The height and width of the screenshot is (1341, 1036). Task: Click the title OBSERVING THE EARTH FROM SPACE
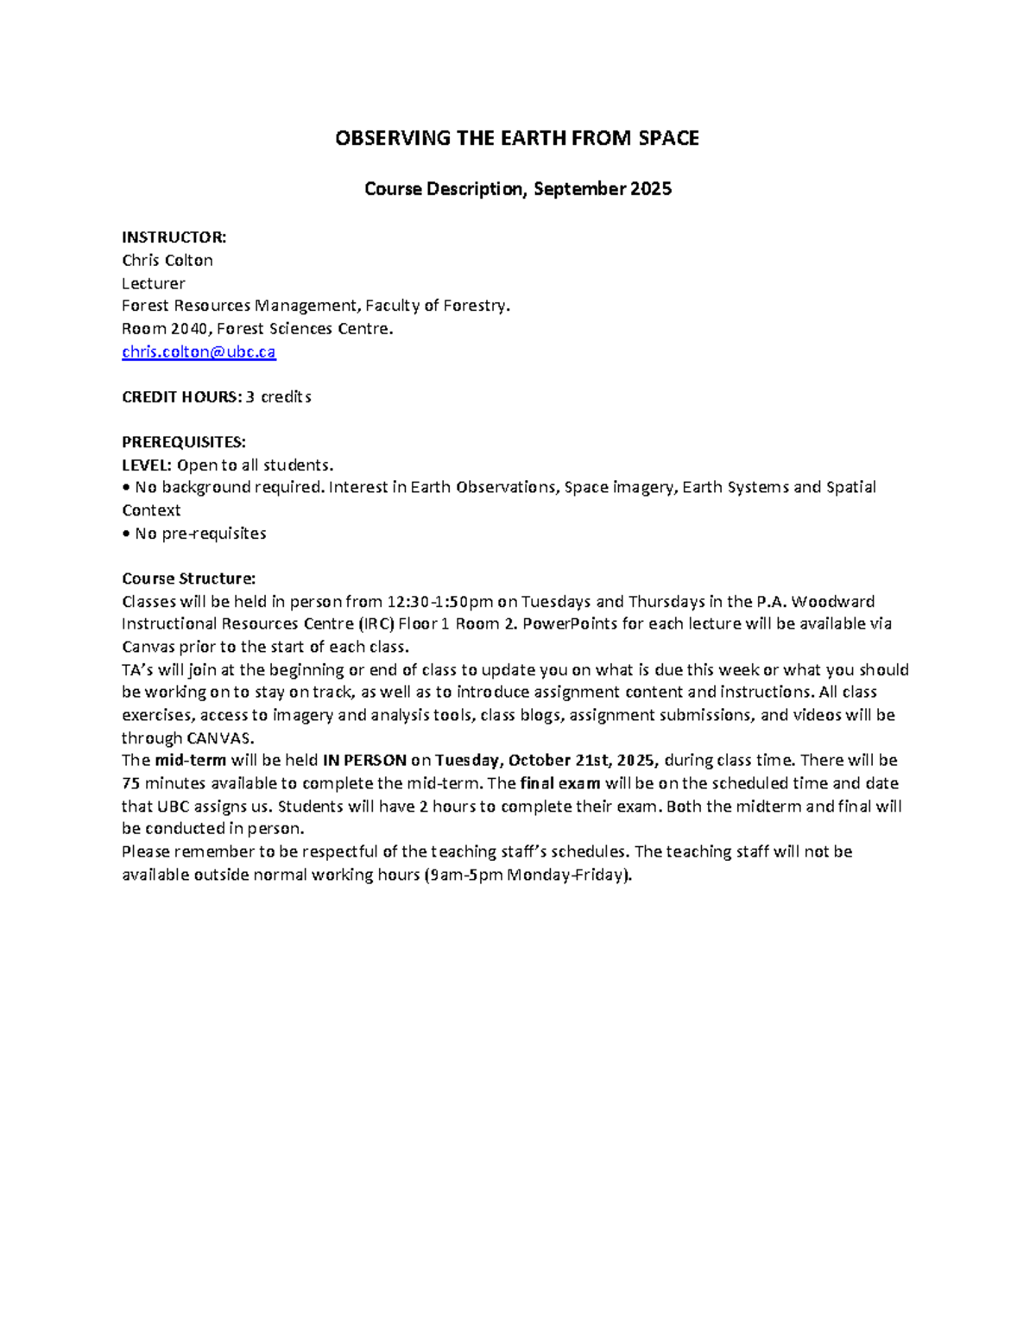[517, 138]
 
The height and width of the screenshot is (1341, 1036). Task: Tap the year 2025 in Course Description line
[650, 188]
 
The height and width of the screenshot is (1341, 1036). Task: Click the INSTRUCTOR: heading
[174, 237]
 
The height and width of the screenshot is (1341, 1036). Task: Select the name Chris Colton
[167, 260]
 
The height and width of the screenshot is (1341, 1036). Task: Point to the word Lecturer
[154, 283]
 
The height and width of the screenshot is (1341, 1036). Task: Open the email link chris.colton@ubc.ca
[199, 351]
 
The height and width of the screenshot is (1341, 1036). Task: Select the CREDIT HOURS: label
[181, 397]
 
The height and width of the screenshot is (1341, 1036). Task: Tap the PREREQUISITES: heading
[183, 442]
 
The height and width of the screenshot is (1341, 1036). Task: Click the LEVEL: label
[147, 465]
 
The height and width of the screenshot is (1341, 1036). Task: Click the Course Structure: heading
[188, 579]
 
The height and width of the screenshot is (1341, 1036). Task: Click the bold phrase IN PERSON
[363, 760]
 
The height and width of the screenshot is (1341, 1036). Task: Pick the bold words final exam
[560, 783]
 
